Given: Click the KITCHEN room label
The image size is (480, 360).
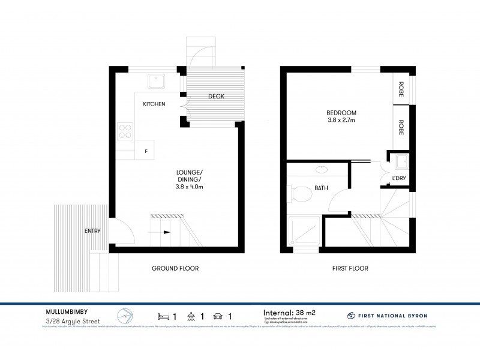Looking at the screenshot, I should (154, 104).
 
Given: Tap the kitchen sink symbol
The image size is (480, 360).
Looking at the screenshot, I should (158, 80).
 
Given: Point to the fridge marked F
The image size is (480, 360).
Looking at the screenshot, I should (145, 150).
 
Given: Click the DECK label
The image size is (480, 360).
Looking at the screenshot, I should (216, 97).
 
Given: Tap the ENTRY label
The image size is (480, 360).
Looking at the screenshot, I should (92, 230).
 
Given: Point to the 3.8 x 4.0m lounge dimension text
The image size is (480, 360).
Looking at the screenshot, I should (185, 187).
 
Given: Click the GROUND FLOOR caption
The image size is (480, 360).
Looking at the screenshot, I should (175, 268).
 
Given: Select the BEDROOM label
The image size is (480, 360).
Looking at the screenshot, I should (341, 112).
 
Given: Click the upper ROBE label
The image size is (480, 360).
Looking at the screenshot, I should (401, 89).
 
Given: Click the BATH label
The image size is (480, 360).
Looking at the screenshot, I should (322, 188).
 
